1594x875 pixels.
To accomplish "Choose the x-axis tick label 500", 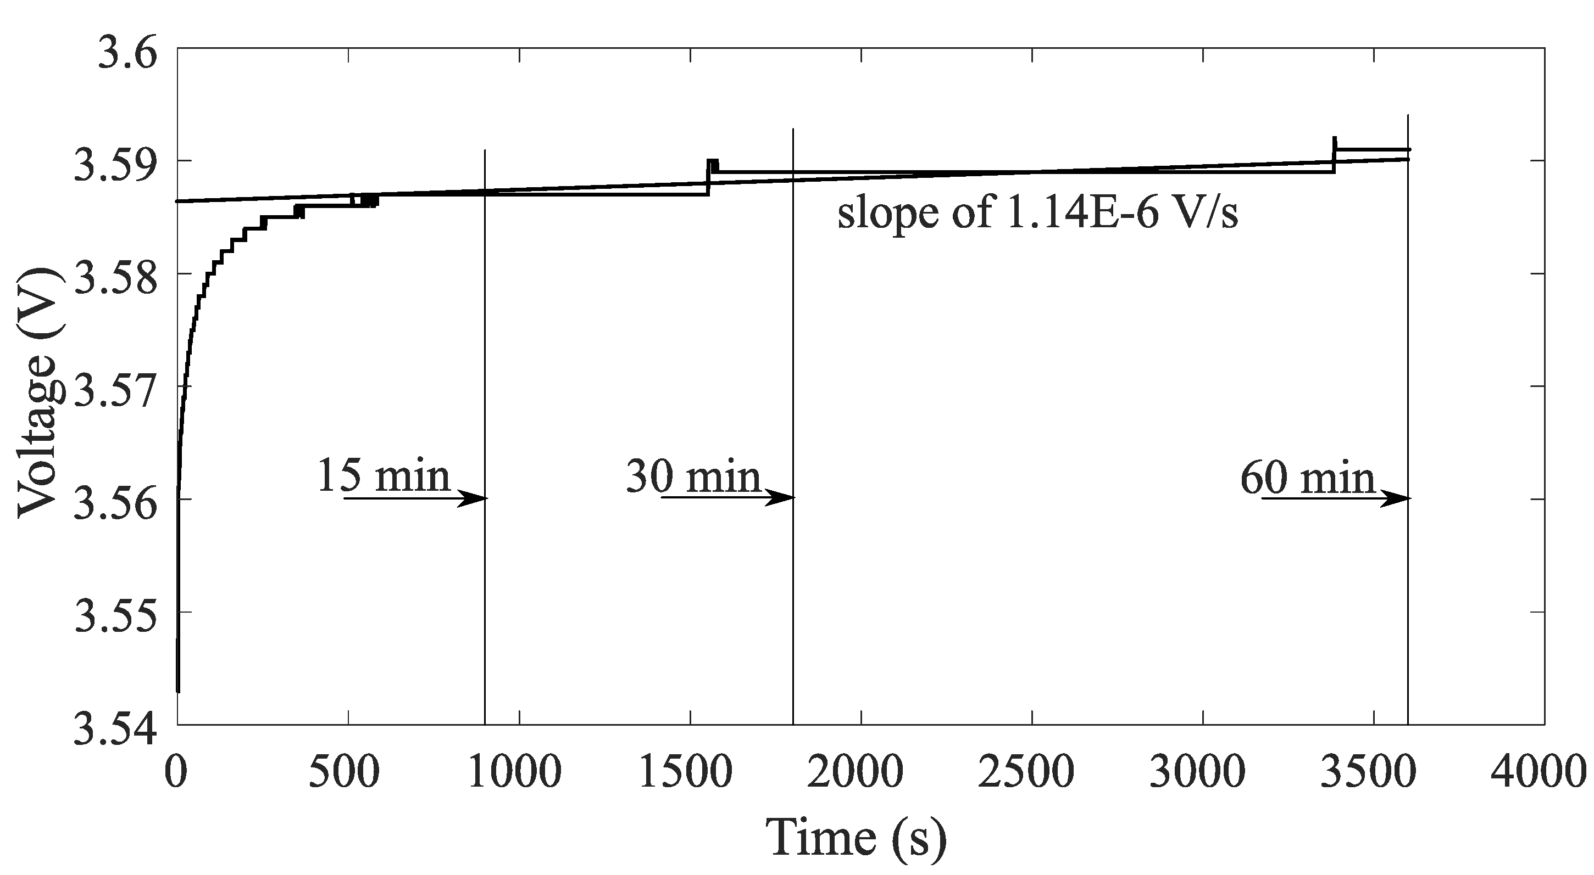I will coord(343,772).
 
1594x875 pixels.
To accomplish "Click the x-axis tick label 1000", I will coord(515,772).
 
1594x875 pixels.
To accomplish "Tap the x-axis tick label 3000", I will coord(1198,772).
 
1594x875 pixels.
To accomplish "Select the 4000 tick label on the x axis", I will coord(1540,772).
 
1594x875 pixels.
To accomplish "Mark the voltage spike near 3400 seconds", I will coord(1335,145).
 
